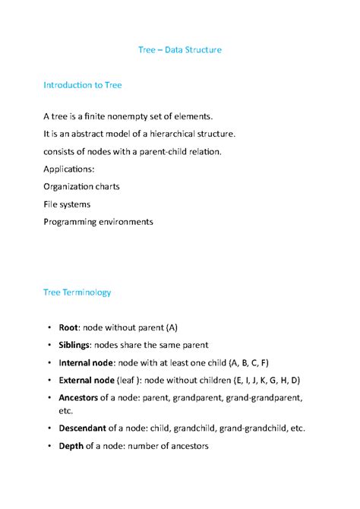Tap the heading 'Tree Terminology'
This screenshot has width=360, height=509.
coord(77,291)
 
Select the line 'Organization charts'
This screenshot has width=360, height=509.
coord(81,186)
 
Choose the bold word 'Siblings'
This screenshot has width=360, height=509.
coord(76,344)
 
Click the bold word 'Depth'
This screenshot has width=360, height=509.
coord(71,445)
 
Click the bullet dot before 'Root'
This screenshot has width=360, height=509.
coord(47,327)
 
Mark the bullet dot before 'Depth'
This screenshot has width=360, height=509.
coord(47,446)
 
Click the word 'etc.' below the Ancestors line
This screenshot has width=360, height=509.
coord(66,410)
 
